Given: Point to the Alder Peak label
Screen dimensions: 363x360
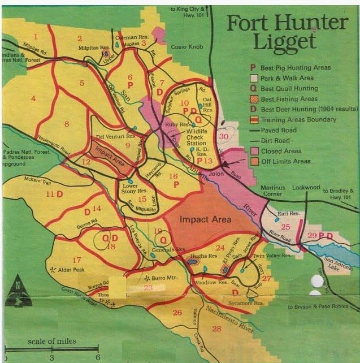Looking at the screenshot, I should (x=72, y=270).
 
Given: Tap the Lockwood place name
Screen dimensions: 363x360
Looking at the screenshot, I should (x=306, y=187).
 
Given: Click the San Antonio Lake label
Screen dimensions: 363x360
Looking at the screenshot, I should (x=337, y=264).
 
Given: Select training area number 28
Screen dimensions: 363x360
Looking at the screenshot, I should (x=216, y=329).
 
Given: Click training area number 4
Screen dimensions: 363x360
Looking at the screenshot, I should (x=33, y=99).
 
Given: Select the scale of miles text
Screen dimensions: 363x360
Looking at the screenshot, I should (x=50, y=342).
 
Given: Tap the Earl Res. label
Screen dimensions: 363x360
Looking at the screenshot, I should (x=288, y=214).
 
